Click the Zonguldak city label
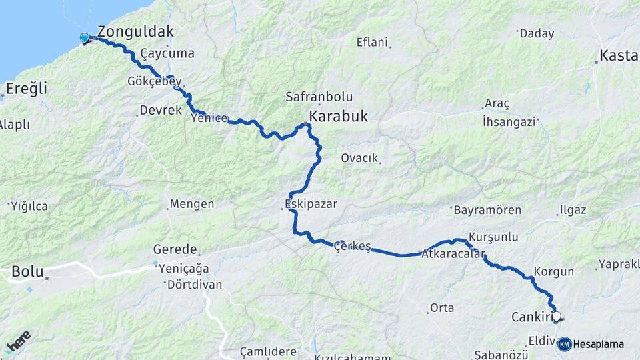(x=135, y=31)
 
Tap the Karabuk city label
(x=338, y=116)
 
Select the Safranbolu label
(x=319, y=97)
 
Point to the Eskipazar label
(x=310, y=203)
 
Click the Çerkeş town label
(x=352, y=246)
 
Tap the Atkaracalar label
(x=453, y=253)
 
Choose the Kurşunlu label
(x=493, y=237)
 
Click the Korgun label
(x=553, y=272)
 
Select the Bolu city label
(x=27, y=271)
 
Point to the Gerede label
(x=175, y=250)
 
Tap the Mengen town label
(x=192, y=204)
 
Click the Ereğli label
(x=26, y=88)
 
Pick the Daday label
(x=537, y=33)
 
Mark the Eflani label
(x=372, y=42)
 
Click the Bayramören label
(x=487, y=210)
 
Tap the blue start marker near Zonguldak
(x=85, y=38)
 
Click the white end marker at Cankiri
(x=557, y=317)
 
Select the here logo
(x=18, y=341)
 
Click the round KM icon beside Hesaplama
(x=564, y=344)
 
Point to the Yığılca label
(x=29, y=207)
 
